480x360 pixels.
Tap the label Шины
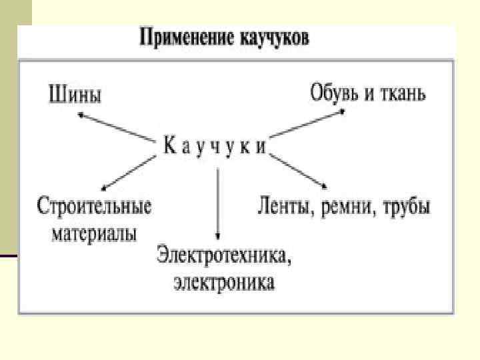click(x=75, y=95)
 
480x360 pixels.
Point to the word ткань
click(x=402, y=93)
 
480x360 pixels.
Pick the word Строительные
click(x=94, y=205)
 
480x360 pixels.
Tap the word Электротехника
click(x=223, y=254)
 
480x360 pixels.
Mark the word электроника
click(x=224, y=283)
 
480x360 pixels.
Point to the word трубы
click(x=406, y=206)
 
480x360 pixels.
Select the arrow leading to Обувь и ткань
click(x=307, y=126)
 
